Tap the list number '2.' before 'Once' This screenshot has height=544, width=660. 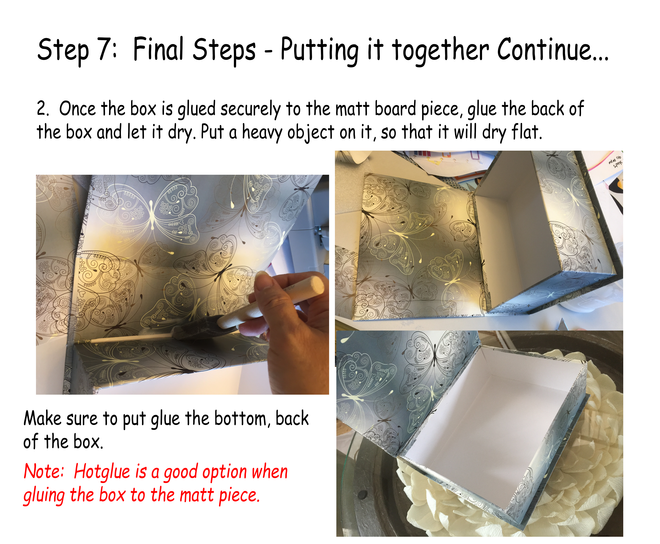click(x=43, y=109)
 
